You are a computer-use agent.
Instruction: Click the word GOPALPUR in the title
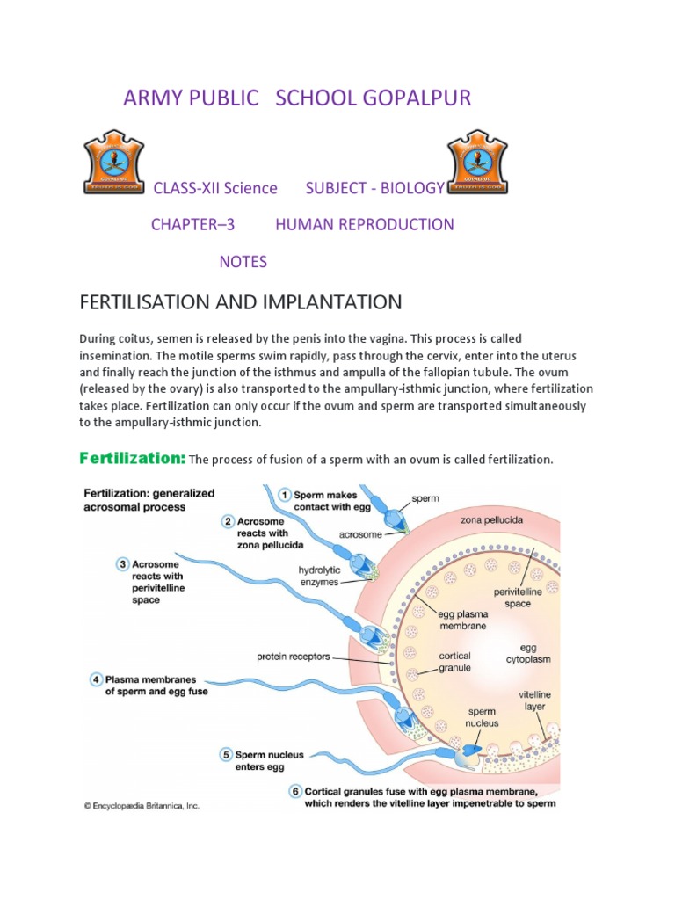pos(417,98)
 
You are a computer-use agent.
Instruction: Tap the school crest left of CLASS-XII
pos(113,163)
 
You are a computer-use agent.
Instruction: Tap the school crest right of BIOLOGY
pos(479,163)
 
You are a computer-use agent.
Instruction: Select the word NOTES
pos(243,262)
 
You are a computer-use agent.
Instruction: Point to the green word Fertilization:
pos(132,458)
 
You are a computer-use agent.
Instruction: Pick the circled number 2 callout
pos(228,521)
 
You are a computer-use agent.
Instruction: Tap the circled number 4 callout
pos(95,679)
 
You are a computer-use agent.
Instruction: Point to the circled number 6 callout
pos(294,790)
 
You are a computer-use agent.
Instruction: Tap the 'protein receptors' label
pos(296,656)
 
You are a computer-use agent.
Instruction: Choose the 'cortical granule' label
pos(454,662)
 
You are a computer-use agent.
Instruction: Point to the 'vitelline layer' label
pos(533,700)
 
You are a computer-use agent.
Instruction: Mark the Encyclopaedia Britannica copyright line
pos(142,805)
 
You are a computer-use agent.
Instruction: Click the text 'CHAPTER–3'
pos(193,224)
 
